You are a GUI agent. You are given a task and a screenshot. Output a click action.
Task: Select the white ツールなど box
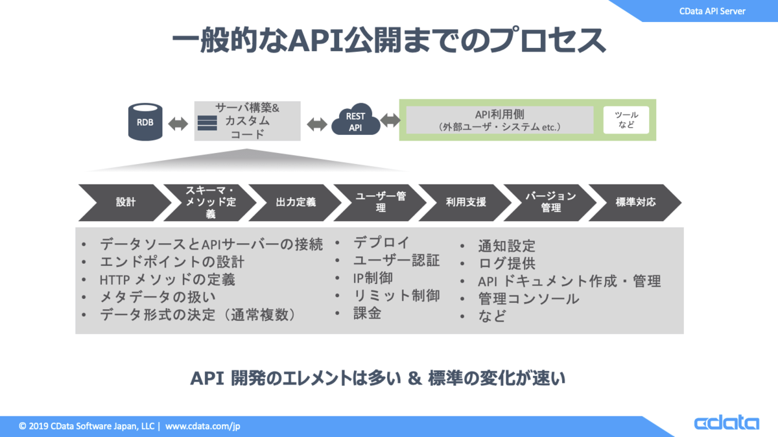[x=626, y=120]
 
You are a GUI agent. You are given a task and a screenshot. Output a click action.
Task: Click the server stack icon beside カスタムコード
[x=207, y=123]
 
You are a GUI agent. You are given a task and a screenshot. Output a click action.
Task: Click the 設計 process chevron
[x=123, y=202]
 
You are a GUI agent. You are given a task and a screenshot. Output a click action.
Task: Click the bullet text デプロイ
[x=381, y=243]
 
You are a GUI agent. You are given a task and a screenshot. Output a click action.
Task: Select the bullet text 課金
[x=367, y=313]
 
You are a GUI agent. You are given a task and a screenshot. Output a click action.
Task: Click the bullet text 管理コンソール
[x=528, y=299]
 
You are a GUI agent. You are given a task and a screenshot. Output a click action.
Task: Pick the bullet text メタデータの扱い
[x=158, y=297]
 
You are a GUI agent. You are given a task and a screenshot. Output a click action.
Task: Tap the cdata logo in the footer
[x=726, y=423]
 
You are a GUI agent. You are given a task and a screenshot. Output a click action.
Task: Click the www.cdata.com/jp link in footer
[x=203, y=427]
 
